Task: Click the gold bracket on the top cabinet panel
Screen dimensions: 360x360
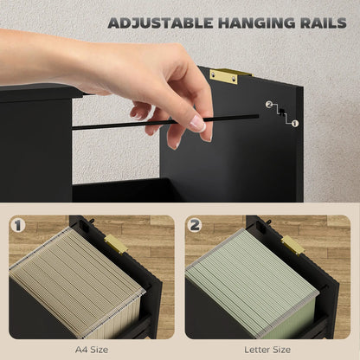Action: coord(224,75)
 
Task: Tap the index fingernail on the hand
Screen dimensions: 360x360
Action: coord(198,124)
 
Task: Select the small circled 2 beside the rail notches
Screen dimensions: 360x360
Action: coord(269,105)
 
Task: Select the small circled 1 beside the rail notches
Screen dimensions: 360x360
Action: coord(295,124)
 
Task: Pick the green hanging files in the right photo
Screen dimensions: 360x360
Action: coord(251,281)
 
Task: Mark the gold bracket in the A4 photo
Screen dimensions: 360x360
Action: coord(116,245)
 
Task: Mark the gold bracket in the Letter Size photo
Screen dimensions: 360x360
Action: coord(293,245)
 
